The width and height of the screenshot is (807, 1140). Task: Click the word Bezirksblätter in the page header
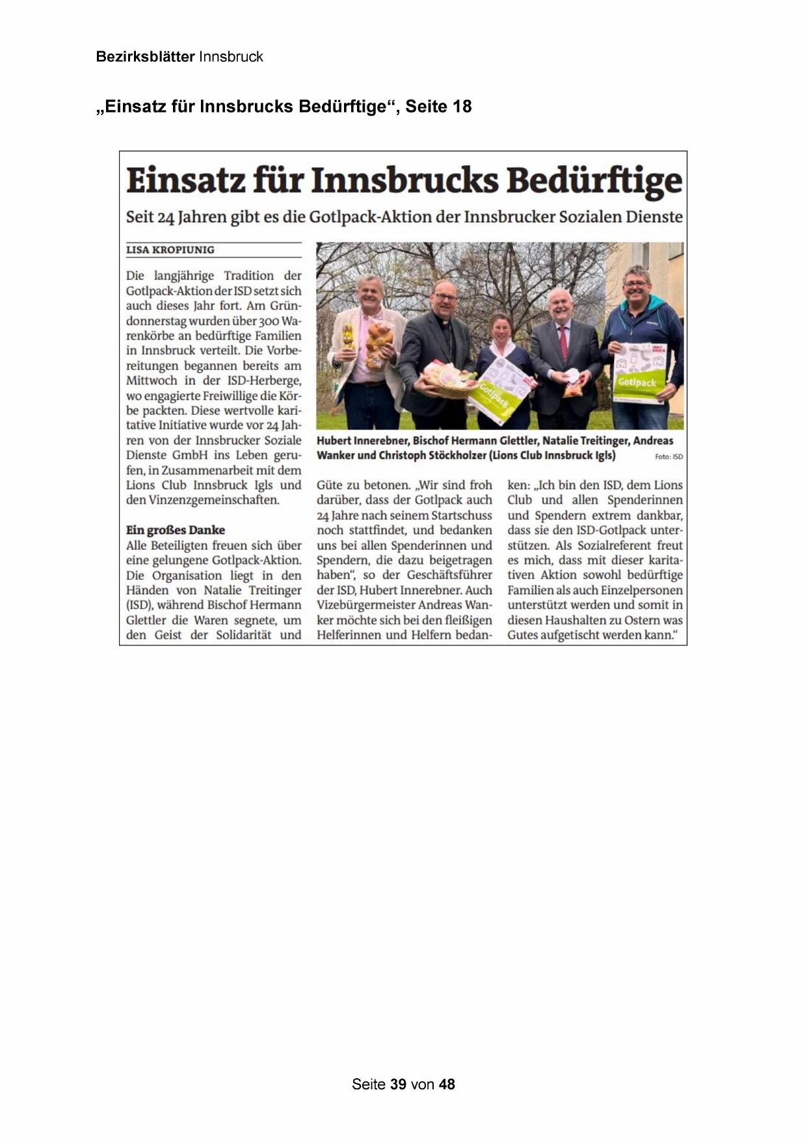145,57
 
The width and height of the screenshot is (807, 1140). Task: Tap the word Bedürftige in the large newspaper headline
594,180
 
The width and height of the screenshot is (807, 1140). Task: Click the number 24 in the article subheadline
166,217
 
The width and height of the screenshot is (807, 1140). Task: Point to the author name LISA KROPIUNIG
170,250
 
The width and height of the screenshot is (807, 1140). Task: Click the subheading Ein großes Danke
175,530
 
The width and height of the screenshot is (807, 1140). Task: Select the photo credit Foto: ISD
668,457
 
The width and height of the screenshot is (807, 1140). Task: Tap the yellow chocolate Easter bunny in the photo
349,337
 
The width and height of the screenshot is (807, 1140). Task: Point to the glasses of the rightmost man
635,284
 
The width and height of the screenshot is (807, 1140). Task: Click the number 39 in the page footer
398,1084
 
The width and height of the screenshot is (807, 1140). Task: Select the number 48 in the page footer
447,1084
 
